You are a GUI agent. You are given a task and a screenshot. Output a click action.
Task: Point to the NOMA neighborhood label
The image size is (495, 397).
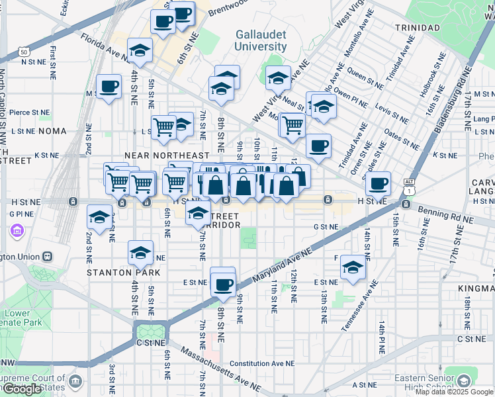[52, 131]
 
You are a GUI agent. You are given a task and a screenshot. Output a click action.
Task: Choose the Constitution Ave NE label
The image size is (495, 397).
[262, 363]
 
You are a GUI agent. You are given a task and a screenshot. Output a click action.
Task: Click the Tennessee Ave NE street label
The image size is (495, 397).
[360, 305]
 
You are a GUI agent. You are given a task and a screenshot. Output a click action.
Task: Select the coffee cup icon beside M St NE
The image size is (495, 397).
[109, 86]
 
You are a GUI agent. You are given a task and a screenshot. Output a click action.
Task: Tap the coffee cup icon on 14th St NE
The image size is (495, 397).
[379, 183]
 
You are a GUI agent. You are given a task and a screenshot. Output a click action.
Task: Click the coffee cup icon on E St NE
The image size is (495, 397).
[223, 285]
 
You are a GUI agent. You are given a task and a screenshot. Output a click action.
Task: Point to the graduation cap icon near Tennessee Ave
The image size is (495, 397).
[353, 267]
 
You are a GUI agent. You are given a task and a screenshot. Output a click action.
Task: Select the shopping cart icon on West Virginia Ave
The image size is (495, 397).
[292, 124]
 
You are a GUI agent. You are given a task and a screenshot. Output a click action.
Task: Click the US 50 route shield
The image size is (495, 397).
[23, 51]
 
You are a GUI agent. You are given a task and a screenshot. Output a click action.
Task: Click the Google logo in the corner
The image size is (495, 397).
[22, 389]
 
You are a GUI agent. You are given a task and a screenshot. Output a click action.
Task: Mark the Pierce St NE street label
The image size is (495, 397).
[30, 112]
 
